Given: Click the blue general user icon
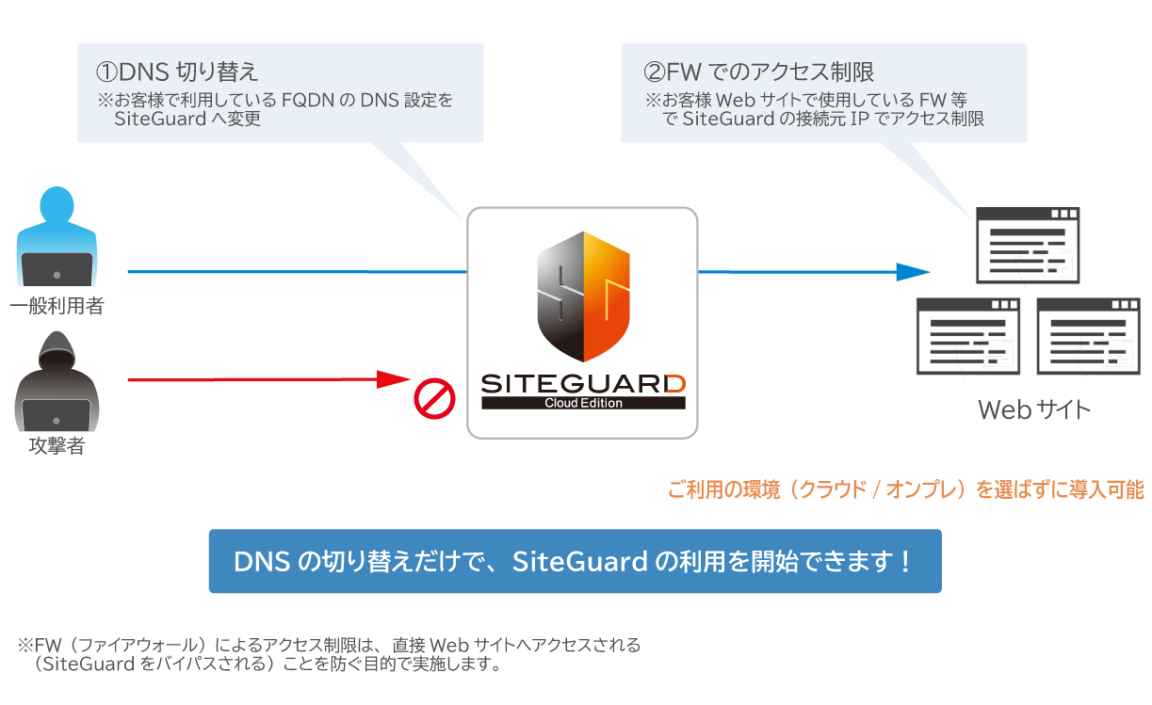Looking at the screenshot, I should (57, 237).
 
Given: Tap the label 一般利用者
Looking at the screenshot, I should (57, 306).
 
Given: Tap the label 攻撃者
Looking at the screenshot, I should (57, 446).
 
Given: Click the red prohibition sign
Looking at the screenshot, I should (435, 399).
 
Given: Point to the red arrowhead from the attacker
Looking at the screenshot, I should (393, 379).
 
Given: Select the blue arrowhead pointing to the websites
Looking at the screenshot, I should (912, 272).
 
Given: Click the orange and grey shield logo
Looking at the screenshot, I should (583, 296).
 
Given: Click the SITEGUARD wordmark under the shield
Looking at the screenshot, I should (583, 384).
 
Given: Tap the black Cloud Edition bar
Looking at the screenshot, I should (583, 403).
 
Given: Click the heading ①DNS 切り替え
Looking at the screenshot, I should (177, 72).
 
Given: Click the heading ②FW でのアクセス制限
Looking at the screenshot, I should (758, 72).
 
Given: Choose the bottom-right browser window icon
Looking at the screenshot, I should (1088, 335).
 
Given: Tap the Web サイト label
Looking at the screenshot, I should (1033, 410).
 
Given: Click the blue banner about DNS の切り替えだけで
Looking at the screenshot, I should (575, 561).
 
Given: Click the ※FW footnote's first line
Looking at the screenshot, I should (330, 646).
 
